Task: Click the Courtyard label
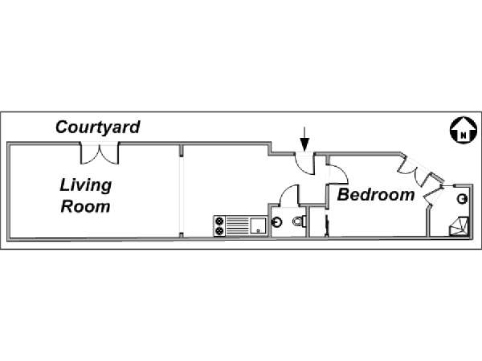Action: point(98,128)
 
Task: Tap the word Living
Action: point(86,185)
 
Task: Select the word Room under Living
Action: point(85,207)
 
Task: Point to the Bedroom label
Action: point(376,195)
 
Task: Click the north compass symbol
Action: point(464,130)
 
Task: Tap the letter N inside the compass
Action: point(464,135)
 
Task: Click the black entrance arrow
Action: point(304,139)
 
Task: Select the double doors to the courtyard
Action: point(100,153)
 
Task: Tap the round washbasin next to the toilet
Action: point(278,222)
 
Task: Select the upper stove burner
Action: point(219,221)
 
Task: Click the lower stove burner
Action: point(219,231)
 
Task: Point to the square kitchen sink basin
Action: point(258,225)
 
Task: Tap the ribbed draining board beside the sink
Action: point(238,226)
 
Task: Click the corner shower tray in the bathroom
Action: point(460,226)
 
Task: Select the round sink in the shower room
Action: point(463,199)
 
